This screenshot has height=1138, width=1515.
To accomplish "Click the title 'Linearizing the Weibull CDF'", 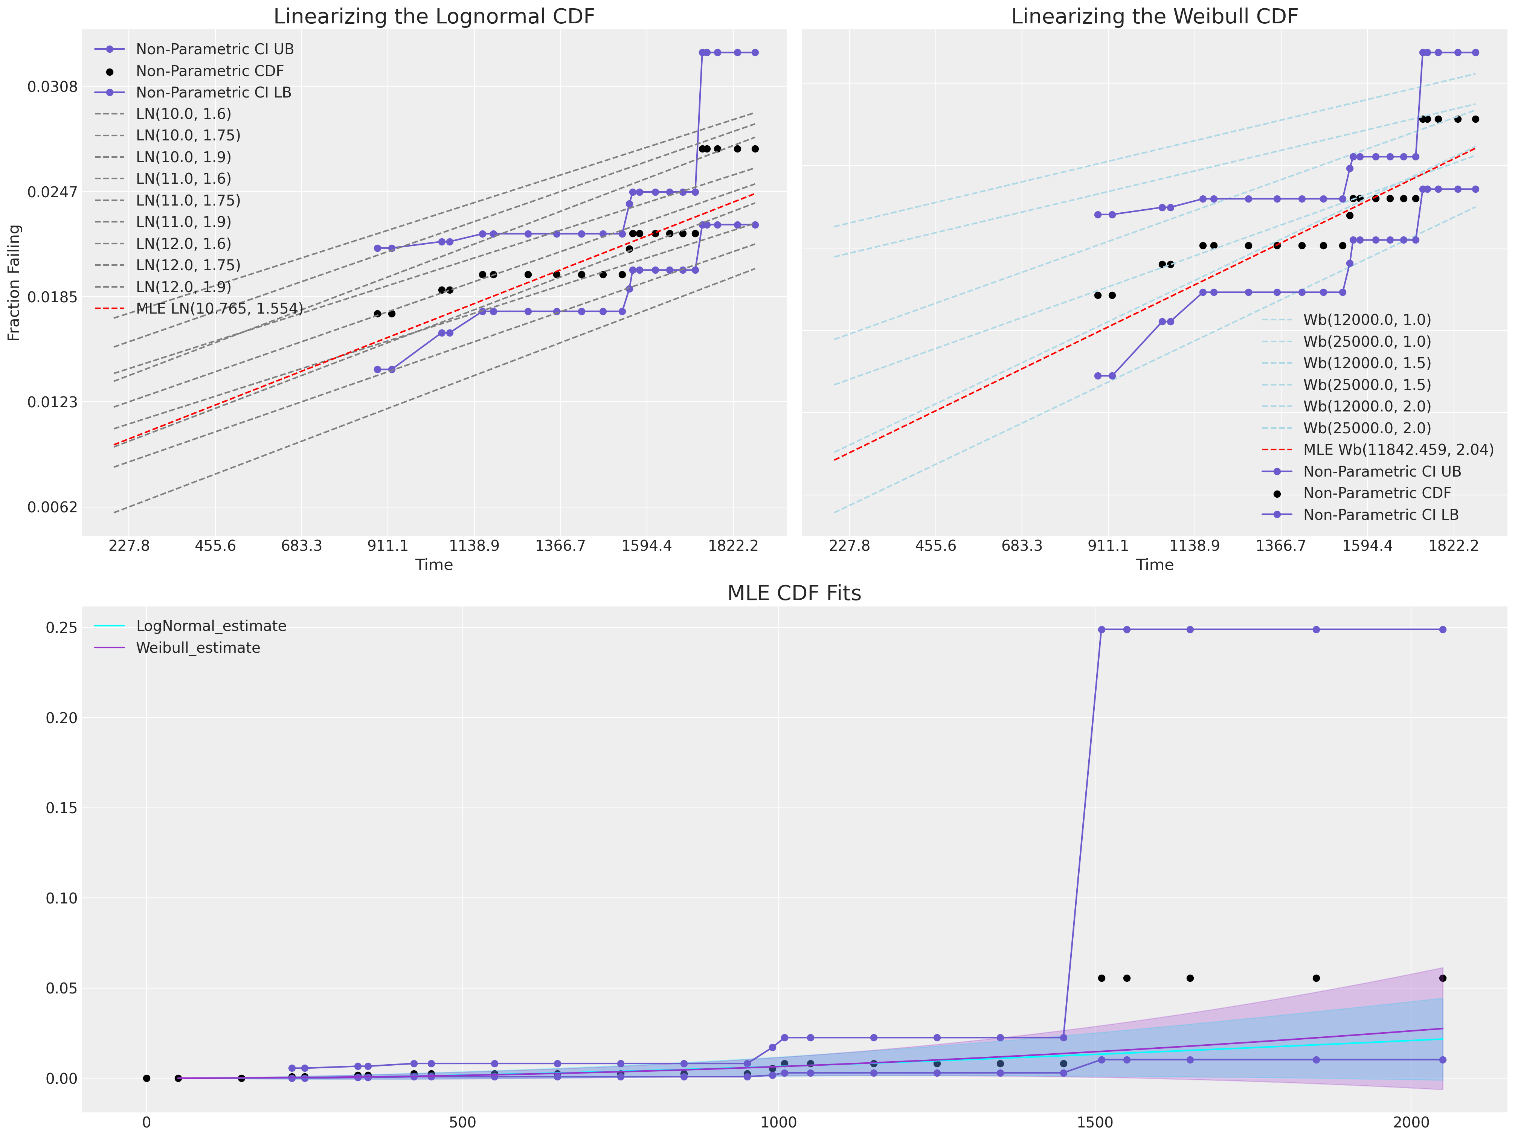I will [x=1154, y=17].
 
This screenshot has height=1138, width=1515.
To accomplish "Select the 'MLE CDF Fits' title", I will [x=794, y=593].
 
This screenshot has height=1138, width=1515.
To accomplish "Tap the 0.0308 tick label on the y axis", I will [x=53, y=87].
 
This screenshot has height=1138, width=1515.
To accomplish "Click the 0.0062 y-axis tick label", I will [x=53, y=507].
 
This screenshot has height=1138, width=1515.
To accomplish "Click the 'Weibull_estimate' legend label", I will [x=198, y=648].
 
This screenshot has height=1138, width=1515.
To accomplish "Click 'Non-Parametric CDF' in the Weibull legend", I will [x=1377, y=493].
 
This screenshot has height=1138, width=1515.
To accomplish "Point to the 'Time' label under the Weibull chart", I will [x=1154, y=565].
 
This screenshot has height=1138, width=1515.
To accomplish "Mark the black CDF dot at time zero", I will [x=146, y=1079].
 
